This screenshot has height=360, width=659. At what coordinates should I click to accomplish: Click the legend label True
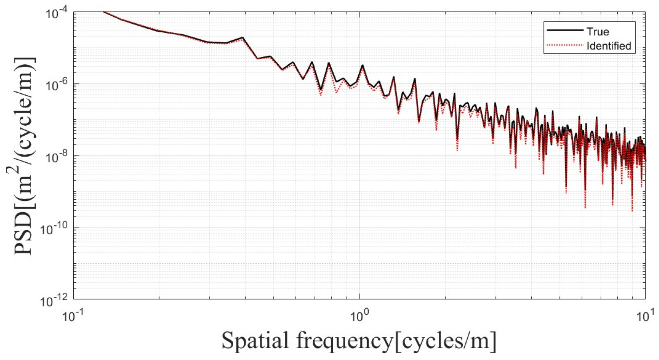598,32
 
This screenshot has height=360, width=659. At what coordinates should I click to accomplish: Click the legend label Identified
609,46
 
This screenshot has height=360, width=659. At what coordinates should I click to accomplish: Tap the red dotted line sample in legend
564,45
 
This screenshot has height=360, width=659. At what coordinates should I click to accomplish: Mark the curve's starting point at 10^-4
103,12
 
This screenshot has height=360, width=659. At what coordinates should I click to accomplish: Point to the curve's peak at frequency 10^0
362,66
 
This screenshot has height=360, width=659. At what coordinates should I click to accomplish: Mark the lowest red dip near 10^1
632,210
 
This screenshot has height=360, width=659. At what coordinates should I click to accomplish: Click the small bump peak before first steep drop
242,38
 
